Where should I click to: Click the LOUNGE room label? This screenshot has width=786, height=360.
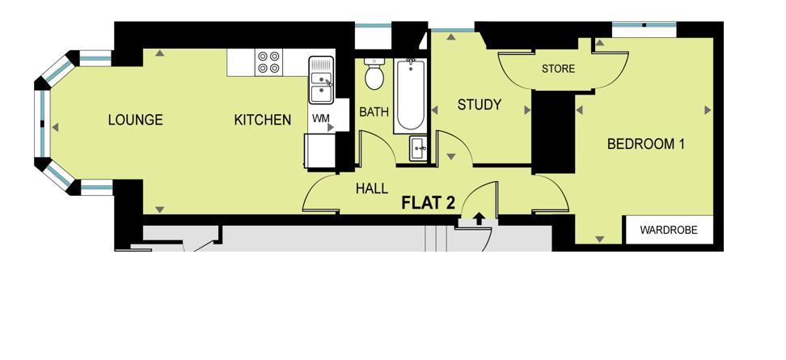pos(135,120)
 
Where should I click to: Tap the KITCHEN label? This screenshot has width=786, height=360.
pos(263,120)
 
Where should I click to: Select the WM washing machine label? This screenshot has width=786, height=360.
pos(321,119)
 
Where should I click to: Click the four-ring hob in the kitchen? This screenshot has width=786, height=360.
pos(268,62)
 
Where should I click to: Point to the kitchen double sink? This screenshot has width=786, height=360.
pos(321,80)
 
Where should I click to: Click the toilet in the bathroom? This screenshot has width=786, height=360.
pos(374,74)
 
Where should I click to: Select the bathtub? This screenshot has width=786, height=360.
pos(411,95)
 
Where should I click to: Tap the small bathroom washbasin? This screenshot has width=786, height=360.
pos(419,148)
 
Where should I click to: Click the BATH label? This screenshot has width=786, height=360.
pos(374,112)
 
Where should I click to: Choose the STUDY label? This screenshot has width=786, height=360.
pos(480,105)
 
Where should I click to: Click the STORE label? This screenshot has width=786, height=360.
pos(558,69)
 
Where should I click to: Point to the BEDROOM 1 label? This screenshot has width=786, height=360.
pos(645,144)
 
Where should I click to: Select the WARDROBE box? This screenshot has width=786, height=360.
pos(669,230)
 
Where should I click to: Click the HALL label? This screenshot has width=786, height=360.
pos(371,188)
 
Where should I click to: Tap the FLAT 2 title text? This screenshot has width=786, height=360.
pos(428,203)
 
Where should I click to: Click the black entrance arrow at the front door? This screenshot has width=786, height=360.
pos(480,218)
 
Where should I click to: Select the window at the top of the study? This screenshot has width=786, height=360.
pos(453,30)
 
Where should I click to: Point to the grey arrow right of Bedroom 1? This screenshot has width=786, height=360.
pos(708,110)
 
